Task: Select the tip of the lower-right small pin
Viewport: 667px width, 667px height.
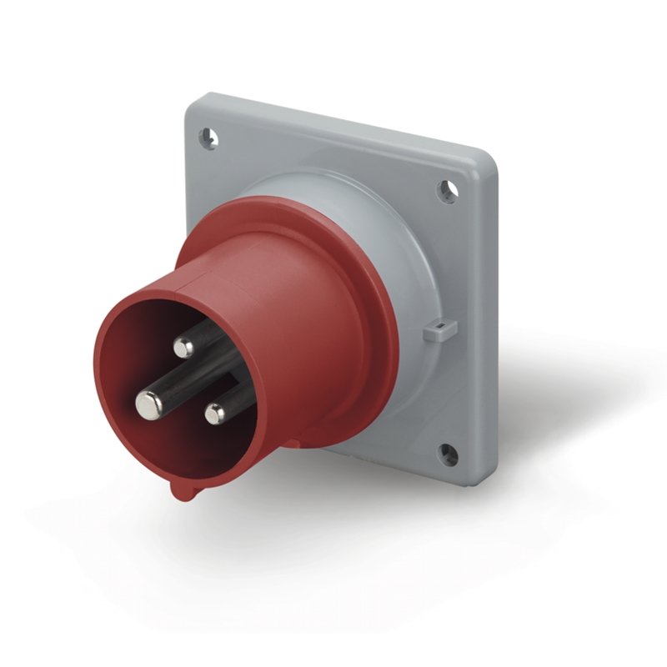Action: (216, 412)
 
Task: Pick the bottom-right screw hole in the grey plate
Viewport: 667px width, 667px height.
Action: (448, 454)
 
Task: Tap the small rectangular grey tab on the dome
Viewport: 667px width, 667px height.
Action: (434, 331)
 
